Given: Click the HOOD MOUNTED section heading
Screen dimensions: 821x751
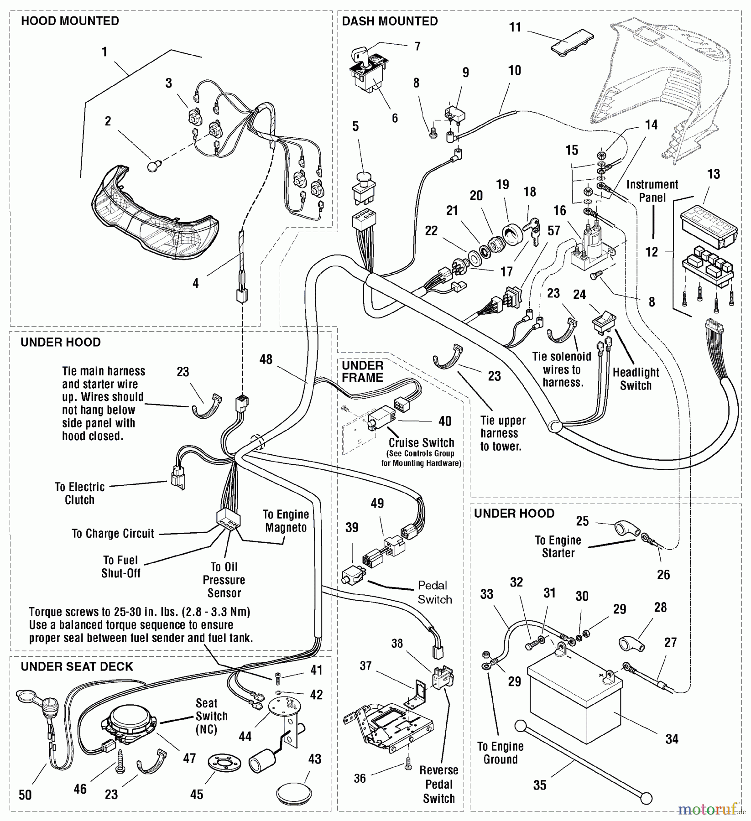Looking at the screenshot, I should [x=70, y=21].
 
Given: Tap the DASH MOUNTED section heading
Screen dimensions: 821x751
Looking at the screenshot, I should [x=390, y=21].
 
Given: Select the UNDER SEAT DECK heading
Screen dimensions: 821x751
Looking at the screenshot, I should [x=77, y=666].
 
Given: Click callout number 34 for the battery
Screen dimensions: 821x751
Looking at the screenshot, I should [x=672, y=739].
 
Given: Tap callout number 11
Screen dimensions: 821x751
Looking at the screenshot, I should [x=515, y=27].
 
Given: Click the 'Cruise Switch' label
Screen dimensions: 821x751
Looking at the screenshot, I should [x=421, y=443].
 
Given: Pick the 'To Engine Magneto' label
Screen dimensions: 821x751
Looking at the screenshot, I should [x=286, y=521].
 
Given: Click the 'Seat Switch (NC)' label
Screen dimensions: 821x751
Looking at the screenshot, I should [x=207, y=716].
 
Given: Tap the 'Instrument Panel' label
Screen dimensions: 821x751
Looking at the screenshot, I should [x=652, y=191].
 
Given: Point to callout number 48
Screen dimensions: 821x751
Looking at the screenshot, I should [x=266, y=359].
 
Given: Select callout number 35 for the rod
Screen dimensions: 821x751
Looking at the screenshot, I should [x=540, y=785].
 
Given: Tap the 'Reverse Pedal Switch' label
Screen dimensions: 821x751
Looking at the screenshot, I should [x=439, y=784].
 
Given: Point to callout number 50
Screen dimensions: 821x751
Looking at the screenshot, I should [x=25, y=795].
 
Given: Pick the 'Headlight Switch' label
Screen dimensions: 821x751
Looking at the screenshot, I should [x=636, y=379].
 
